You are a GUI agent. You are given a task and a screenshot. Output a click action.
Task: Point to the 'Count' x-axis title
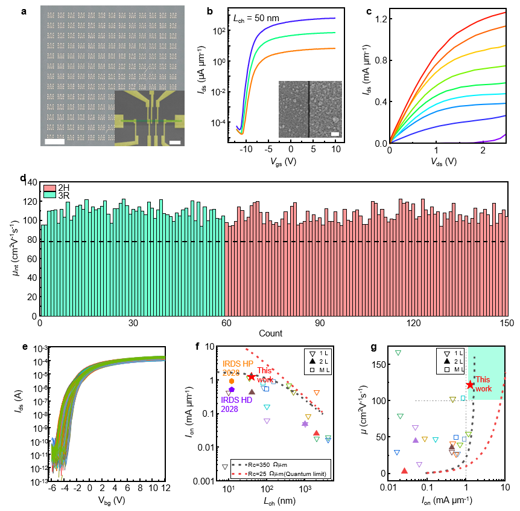270,333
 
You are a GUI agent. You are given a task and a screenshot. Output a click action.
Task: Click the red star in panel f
252,377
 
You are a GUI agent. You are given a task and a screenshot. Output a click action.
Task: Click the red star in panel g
470,385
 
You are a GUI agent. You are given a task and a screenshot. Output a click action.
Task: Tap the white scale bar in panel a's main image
55,142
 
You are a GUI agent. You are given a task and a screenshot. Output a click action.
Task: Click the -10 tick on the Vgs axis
247,149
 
